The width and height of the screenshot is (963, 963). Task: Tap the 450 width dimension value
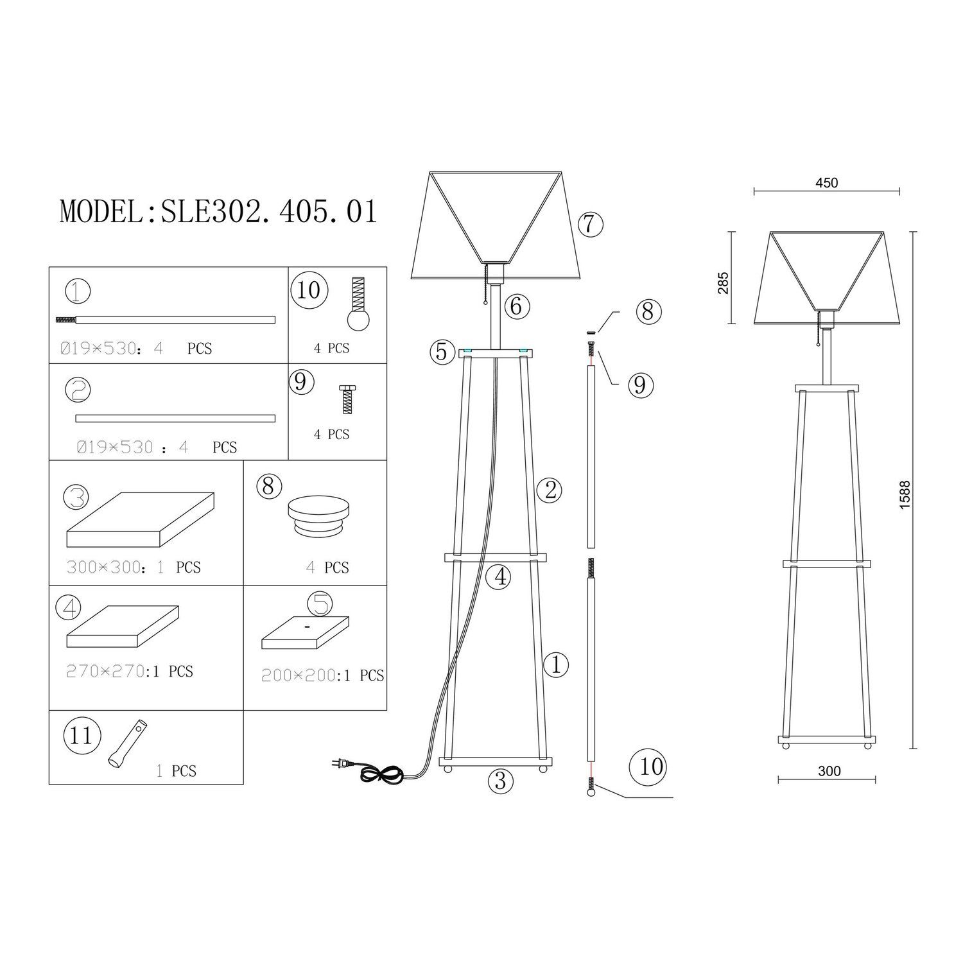coord(826,182)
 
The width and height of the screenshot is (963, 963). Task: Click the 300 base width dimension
coord(829,770)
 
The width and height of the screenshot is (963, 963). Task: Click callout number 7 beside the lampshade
coord(590,224)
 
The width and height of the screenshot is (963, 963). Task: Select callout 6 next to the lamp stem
coord(517,307)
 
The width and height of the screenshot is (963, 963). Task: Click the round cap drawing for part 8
coord(319,517)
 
